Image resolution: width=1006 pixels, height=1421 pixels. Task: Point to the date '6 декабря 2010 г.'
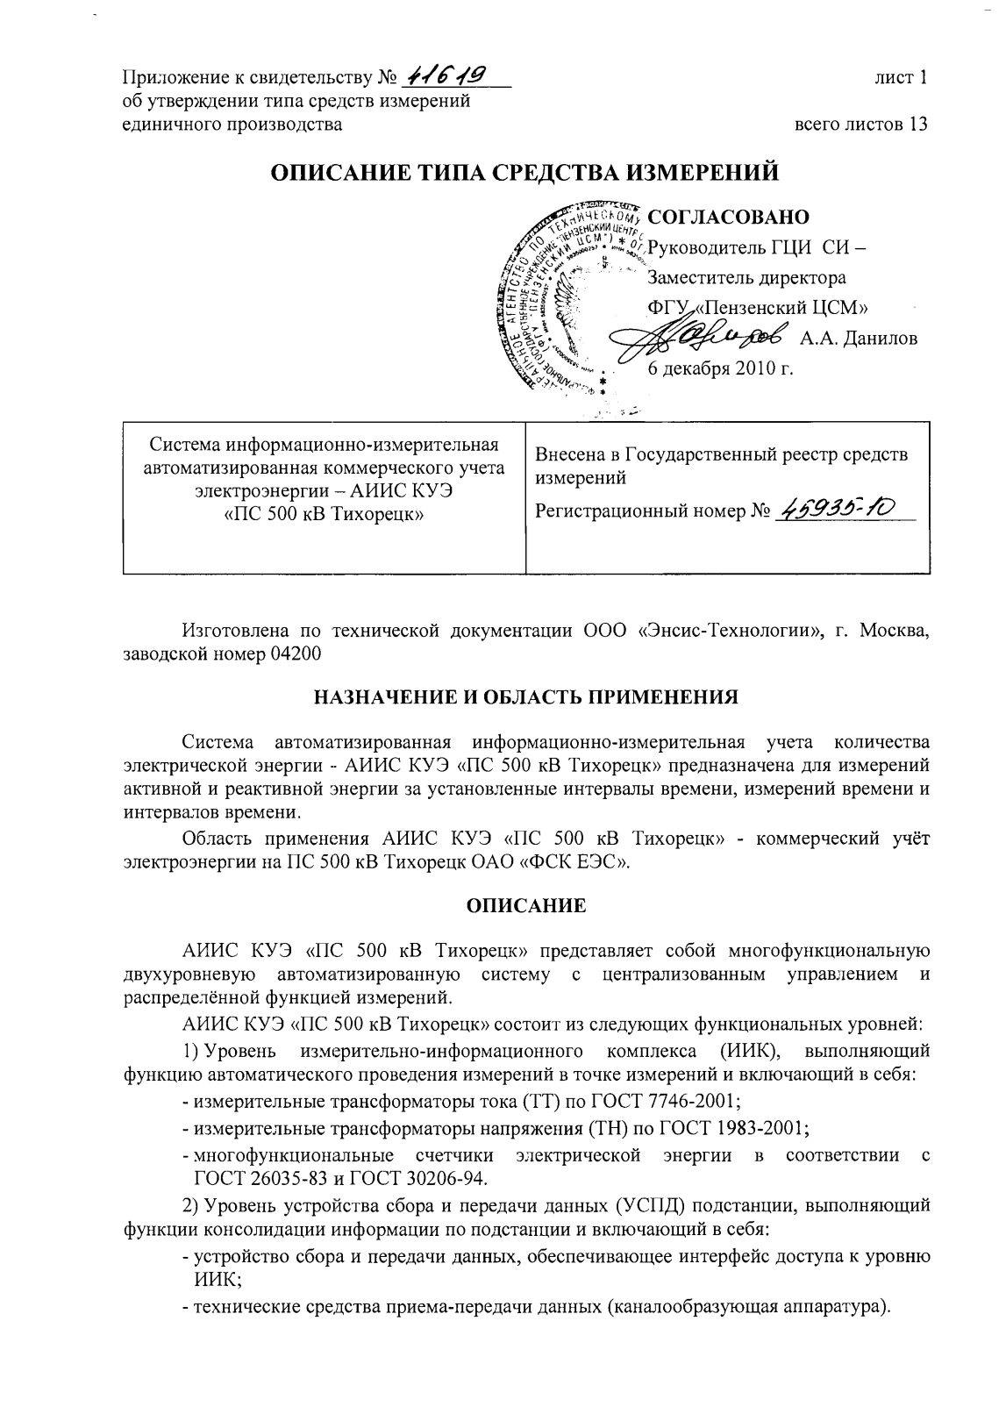(719, 368)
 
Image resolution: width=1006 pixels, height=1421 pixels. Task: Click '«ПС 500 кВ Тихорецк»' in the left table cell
(324, 513)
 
